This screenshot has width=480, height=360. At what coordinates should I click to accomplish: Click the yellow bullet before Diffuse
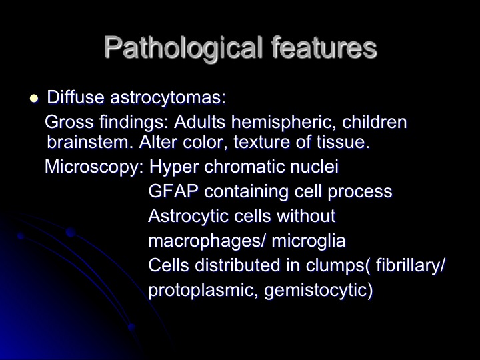(34, 99)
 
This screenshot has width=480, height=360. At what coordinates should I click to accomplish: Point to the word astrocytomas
(168, 98)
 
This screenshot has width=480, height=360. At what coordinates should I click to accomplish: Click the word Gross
(69, 122)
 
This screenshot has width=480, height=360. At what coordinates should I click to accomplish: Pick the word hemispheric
(281, 123)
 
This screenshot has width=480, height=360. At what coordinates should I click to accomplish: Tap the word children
(375, 122)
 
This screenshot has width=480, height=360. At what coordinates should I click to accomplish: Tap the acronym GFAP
(173, 191)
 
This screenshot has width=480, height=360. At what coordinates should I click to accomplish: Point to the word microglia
(309, 241)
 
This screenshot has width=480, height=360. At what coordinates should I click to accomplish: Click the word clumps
(335, 265)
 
